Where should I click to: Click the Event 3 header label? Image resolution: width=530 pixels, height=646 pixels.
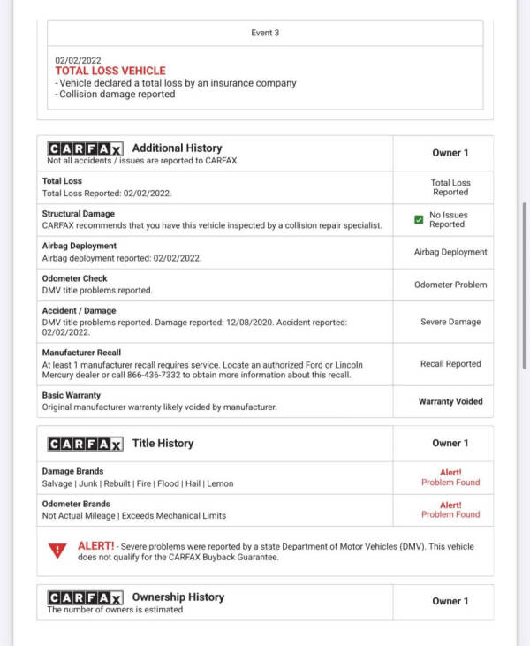[265, 33]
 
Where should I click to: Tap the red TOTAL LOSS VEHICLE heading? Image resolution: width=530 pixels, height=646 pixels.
[110, 71]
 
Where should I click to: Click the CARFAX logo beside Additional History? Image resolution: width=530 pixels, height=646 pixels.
[85, 148]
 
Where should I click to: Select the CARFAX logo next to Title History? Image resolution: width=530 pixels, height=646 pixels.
[85, 444]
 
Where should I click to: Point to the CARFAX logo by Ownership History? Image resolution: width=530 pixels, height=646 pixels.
[85, 597]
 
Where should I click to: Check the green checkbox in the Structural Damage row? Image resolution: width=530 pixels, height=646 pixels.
[419, 220]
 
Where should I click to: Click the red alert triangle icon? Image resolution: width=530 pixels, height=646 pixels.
[58, 551]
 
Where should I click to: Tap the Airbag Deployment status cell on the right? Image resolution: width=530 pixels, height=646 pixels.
[450, 252]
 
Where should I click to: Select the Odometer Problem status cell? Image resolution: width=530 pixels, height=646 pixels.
[450, 285]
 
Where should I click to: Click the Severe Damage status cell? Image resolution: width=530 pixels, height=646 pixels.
[450, 322]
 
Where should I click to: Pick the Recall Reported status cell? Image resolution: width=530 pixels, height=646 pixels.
[450, 363]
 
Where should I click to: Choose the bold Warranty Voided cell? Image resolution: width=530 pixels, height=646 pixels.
[450, 401]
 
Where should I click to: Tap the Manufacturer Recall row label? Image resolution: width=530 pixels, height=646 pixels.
[81, 353]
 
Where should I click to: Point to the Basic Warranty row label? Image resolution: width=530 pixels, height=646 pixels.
[72, 395]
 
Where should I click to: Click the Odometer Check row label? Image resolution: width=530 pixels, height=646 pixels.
[74, 278]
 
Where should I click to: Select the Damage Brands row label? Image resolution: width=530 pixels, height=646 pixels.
[72, 472]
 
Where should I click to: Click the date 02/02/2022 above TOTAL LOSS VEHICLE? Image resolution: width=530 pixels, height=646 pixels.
[78, 60]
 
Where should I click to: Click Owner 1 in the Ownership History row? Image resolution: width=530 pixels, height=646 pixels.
[450, 601]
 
